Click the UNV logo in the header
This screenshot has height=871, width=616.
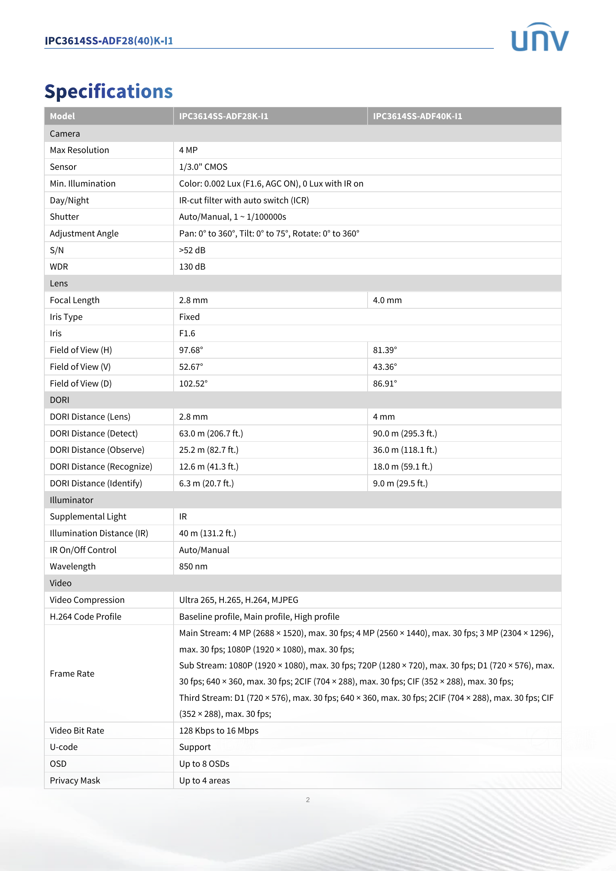point(539,37)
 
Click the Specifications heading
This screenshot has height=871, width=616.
point(108,92)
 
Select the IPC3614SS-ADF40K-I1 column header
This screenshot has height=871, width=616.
point(417,116)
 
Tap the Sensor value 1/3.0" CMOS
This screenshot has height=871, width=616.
point(203,167)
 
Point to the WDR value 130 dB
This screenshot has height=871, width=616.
point(192,267)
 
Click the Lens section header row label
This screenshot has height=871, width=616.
point(59,283)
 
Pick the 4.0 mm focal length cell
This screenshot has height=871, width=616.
point(387,300)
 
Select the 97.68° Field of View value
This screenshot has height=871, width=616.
point(191,350)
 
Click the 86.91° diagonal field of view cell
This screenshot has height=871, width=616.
point(385,384)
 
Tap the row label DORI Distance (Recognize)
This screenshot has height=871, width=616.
point(101,467)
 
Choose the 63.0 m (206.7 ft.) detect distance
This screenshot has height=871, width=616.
point(210,433)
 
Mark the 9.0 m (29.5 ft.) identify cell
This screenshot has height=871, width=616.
point(400,483)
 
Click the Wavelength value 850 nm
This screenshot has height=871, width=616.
point(193,566)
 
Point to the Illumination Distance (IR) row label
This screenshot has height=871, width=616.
point(99,533)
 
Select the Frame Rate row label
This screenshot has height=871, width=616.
point(72,674)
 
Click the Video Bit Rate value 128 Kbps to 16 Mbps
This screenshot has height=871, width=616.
point(219,731)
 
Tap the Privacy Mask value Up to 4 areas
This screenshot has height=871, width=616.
point(204,781)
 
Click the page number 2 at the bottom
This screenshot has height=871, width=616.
point(308,800)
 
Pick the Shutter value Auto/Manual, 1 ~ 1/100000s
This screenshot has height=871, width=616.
point(232,217)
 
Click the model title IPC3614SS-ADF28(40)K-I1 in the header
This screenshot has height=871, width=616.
point(108,41)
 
